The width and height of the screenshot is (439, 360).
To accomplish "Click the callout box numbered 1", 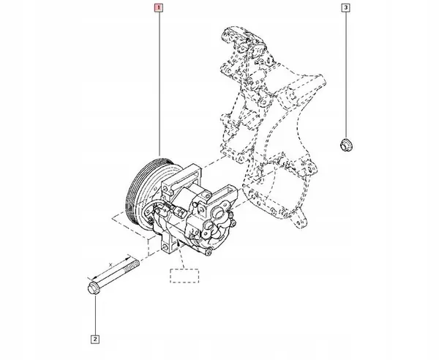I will tap(159, 10).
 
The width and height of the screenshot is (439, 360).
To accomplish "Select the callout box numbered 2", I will tap(95, 338).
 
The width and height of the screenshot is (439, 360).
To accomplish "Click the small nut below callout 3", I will tap(345, 143).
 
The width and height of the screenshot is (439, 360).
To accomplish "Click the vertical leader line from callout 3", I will tap(345, 73).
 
